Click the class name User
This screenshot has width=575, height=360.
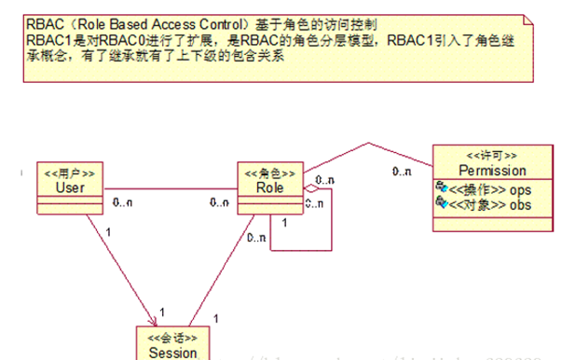pyautogui.click(x=64, y=188)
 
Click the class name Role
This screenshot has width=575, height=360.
pyautogui.click(x=271, y=188)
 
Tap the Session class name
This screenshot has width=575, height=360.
pyautogui.click(x=172, y=353)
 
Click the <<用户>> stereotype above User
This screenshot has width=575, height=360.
pyautogui.click(x=65, y=174)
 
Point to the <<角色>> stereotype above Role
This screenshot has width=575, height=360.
pyautogui.click(x=271, y=173)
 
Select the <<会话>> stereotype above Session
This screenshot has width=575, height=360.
pyautogui.click(x=173, y=339)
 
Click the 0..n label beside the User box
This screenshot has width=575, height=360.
pyautogui.click(x=121, y=201)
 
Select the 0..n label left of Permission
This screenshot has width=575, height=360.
pyautogui.click(x=403, y=172)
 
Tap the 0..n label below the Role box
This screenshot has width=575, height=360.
pyautogui.click(x=259, y=238)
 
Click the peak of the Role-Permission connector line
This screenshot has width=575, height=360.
pyautogui.click(x=370, y=145)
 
